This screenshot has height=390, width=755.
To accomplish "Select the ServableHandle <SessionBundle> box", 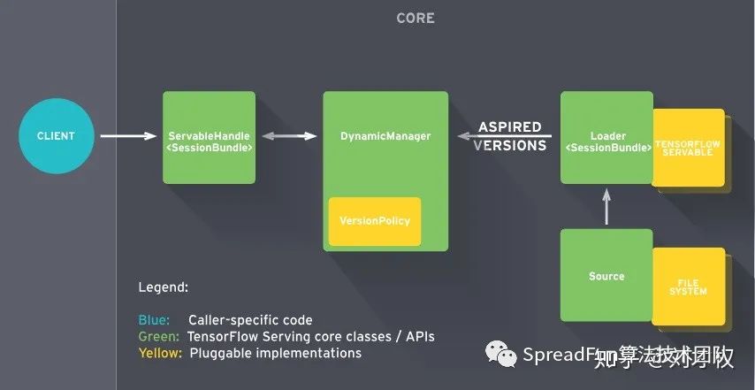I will click(209, 137).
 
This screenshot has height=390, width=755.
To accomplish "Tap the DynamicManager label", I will click(385, 136).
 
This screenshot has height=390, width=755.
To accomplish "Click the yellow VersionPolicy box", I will click(375, 220).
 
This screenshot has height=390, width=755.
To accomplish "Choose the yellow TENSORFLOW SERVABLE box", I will click(688, 147).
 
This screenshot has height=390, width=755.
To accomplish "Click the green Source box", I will click(606, 276).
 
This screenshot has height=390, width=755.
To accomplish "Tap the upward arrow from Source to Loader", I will click(606, 207).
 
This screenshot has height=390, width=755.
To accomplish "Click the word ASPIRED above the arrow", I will click(510, 127).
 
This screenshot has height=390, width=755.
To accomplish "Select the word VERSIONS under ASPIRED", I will click(510, 146).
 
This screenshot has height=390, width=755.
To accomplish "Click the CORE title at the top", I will click(415, 18).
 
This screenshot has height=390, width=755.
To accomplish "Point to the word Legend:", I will click(164, 288).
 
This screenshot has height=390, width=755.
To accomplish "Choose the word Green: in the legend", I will click(159, 337).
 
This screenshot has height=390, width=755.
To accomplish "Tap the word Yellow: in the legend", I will click(160, 353).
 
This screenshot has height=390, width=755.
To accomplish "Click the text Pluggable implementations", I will click(274, 353).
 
